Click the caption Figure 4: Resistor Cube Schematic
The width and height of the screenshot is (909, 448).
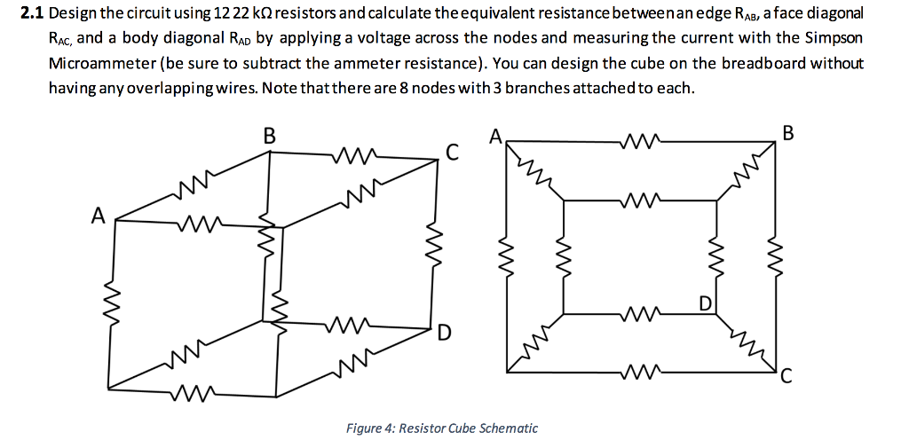[441, 428]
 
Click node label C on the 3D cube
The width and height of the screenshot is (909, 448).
[452, 153]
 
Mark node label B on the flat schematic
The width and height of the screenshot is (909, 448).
[790, 134]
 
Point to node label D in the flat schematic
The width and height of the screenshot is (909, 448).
[704, 304]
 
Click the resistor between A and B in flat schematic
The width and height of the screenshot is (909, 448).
[640, 139]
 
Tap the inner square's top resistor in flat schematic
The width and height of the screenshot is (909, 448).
[640, 199]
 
